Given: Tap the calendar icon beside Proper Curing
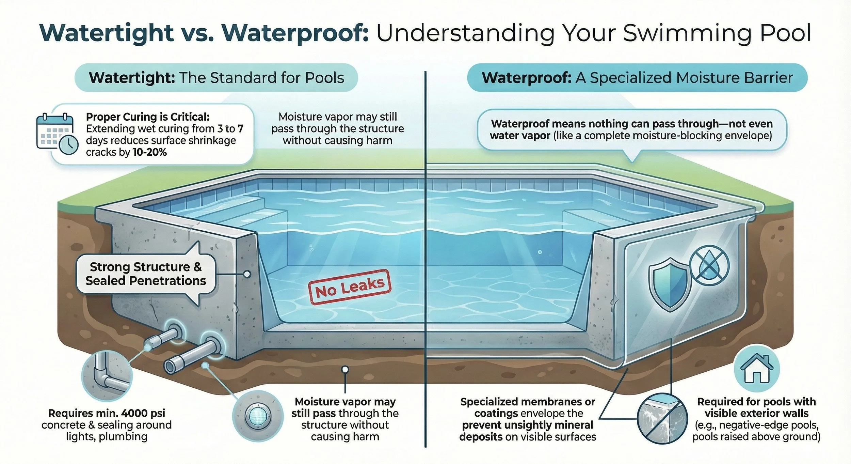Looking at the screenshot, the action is pyautogui.click(x=54, y=131).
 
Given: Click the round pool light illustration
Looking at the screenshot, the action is pyautogui.click(x=257, y=416).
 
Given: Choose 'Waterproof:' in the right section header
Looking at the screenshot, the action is pyautogui.click(x=526, y=78).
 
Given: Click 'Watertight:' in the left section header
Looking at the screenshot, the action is pyautogui.click(x=132, y=78).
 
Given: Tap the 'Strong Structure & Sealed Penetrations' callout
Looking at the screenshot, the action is pyautogui.click(x=146, y=274).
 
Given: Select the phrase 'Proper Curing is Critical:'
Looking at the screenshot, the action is pyautogui.click(x=147, y=117).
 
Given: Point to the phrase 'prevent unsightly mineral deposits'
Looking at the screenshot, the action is pyautogui.click(x=527, y=431).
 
